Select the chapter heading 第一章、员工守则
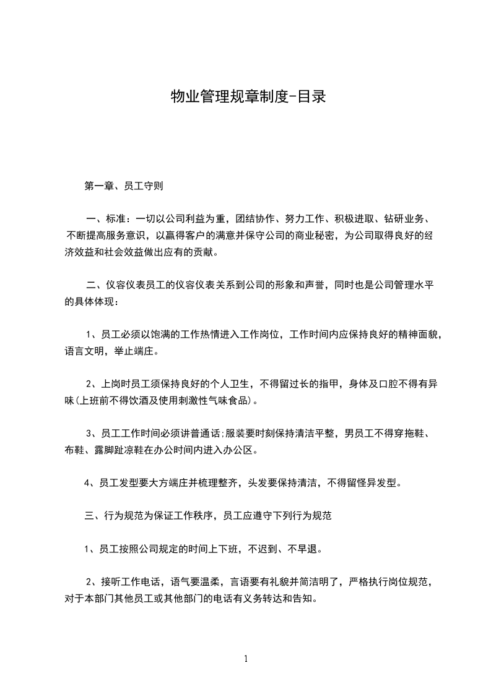click(x=123, y=185)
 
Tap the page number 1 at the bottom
click(x=246, y=659)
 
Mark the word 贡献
click(x=202, y=252)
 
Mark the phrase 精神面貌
click(x=415, y=335)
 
